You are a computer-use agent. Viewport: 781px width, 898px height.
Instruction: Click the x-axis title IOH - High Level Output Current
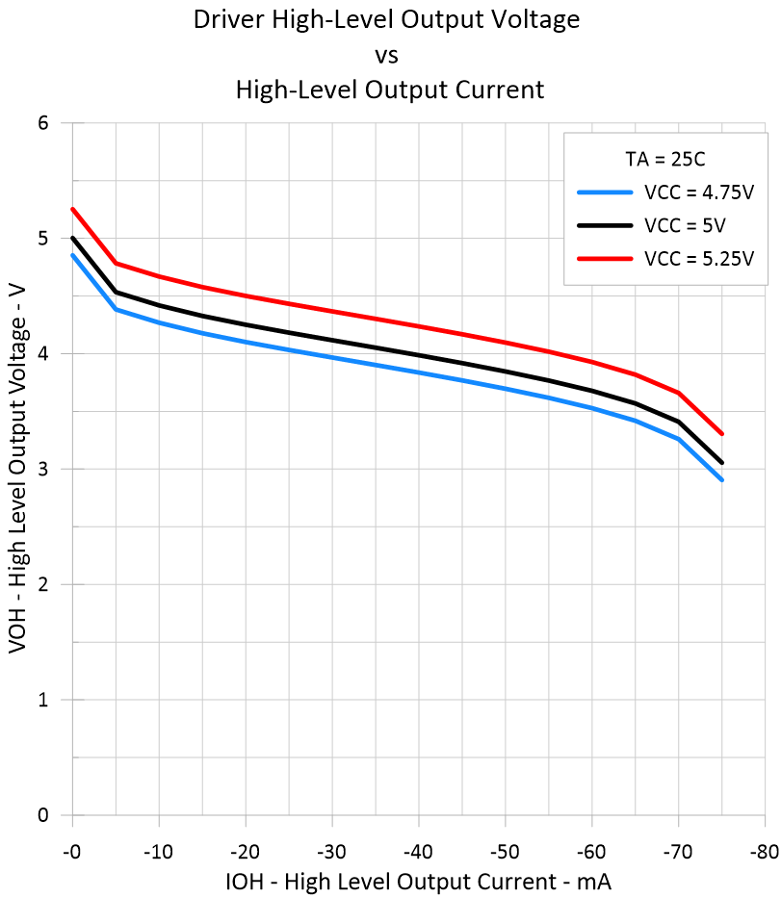tap(419, 881)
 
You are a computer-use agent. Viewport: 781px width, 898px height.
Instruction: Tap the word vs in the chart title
tap(390, 55)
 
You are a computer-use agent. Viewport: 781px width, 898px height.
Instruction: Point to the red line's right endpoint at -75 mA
tap(721, 433)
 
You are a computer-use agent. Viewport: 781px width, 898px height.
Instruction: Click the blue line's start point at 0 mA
tap(72, 255)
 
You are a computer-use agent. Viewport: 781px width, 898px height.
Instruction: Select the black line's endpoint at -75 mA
tap(721, 462)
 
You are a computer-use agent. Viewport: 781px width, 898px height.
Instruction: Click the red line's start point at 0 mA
tap(72, 209)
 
